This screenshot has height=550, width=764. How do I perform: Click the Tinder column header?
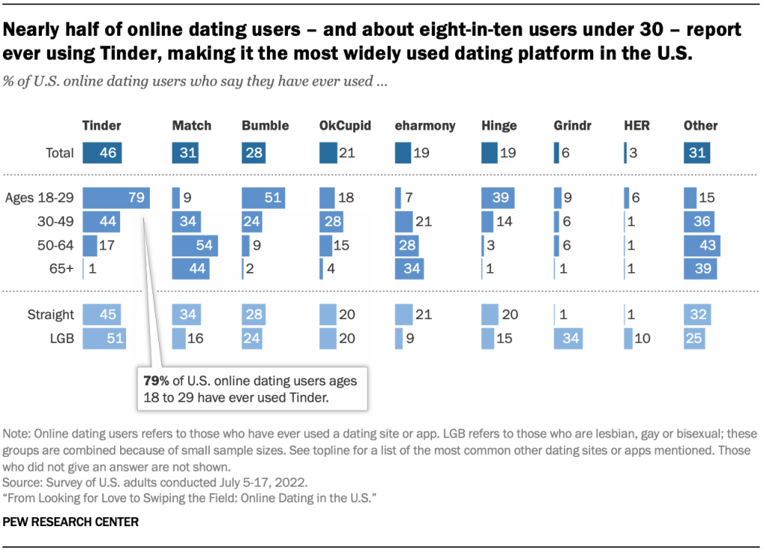coord(101,126)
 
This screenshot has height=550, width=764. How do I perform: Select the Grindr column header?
coord(573,126)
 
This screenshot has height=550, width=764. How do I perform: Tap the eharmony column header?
coord(425,126)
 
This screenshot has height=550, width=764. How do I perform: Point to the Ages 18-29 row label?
coord(40,198)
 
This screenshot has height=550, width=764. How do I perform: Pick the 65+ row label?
coord(60,268)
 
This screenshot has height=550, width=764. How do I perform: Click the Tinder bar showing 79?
coord(116,198)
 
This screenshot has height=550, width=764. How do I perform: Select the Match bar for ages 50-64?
coord(195,245)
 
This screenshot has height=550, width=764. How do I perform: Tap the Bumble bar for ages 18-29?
coord(263,198)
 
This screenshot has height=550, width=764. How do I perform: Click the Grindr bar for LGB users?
coord(569,338)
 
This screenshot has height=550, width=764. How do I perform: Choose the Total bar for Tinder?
coord(101,154)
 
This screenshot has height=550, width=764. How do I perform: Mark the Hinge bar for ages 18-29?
coord(498,198)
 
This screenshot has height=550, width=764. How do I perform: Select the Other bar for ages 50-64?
coord(701,245)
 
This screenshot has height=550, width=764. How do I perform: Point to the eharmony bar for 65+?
coord(409,268)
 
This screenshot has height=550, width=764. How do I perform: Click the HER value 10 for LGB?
coord(642,338)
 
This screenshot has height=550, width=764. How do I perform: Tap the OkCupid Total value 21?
coord(347,154)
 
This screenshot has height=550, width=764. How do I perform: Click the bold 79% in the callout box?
coord(156,381)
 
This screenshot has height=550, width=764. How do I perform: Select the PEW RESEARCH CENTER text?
coord(71,522)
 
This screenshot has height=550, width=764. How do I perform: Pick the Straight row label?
coord(50,314)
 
